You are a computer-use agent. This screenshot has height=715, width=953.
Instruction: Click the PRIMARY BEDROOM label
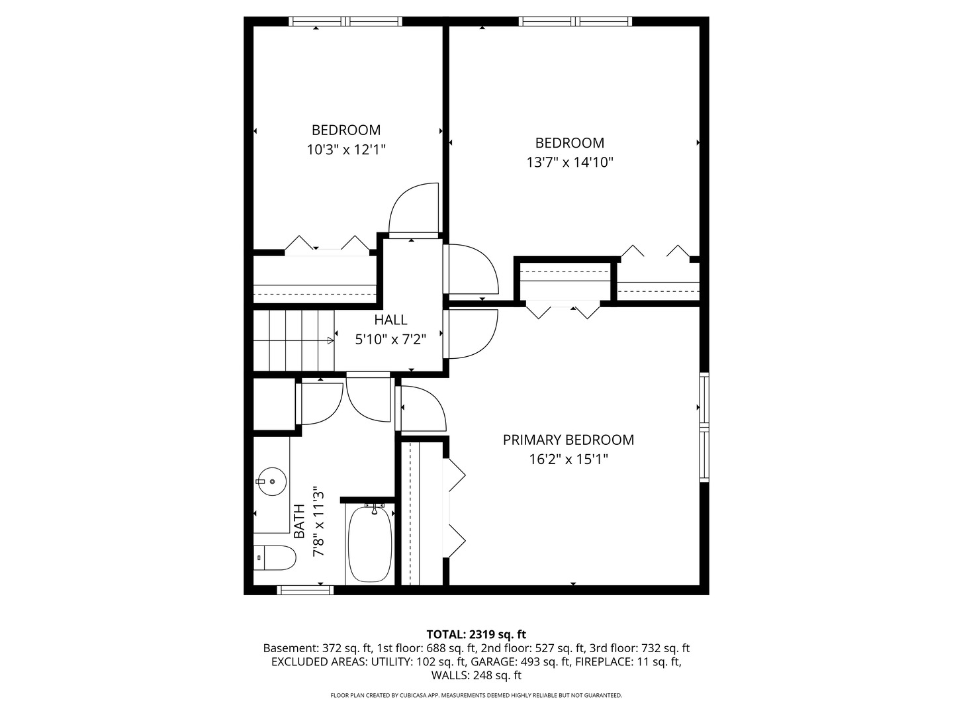[568, 440]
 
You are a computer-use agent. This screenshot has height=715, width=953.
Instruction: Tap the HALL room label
[390, 320]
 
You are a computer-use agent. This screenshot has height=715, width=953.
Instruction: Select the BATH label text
[299, 521]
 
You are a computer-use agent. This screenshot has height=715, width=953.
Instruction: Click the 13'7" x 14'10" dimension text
[570, 162]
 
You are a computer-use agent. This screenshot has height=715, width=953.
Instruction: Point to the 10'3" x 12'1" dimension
[346, 150]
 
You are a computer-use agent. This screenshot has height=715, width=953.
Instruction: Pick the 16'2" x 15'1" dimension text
[568, 459]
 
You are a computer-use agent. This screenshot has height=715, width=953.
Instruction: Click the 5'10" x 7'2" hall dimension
[390, 340]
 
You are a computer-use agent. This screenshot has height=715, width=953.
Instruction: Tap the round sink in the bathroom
[271, 481]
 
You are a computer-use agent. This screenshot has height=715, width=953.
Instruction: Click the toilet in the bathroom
[275, 557]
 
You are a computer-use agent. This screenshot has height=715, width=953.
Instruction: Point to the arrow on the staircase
[330, 341]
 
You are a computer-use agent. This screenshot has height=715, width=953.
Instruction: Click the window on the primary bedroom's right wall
[704, 426]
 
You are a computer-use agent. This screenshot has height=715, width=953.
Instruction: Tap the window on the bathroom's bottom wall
[304, 590]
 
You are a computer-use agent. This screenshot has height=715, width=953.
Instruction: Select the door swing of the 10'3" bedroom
[414, 209]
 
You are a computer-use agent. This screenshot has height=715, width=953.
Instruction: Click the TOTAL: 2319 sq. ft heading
[476, 634]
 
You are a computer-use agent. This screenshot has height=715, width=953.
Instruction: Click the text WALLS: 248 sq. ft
[476, 676]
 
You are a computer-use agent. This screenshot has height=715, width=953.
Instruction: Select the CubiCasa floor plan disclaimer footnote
[476, 696]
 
